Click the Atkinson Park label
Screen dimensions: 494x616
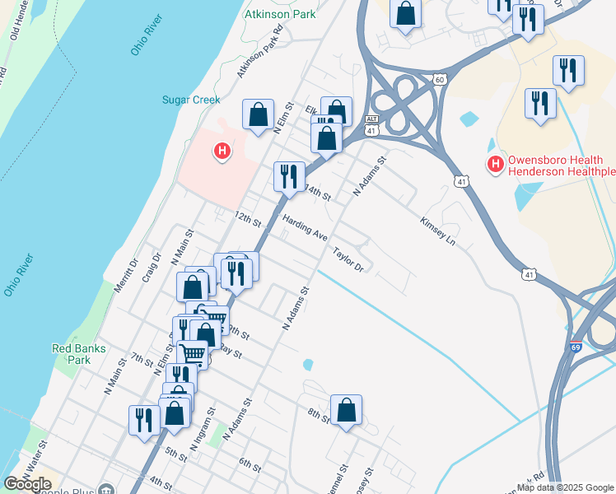tap(280, 14)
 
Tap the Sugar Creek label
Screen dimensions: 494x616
tap(190, 100)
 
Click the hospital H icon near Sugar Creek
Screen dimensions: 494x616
tap(221, 151)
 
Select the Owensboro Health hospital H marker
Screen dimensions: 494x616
tap(495, 164)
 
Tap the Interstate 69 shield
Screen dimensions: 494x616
tap(575, 349)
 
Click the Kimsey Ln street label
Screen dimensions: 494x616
tap(437, 232)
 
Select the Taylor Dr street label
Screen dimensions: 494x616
tap(348, 259)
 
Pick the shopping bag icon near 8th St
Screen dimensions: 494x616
tap(347, 410)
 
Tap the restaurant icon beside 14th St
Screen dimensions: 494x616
tap(289, 176)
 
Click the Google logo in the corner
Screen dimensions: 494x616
tap(27, 484)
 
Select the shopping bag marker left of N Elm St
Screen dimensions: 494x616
tap(258, 114)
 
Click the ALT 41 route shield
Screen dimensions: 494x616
tap(372, 125)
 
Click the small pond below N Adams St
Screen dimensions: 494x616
tap(308, 364)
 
